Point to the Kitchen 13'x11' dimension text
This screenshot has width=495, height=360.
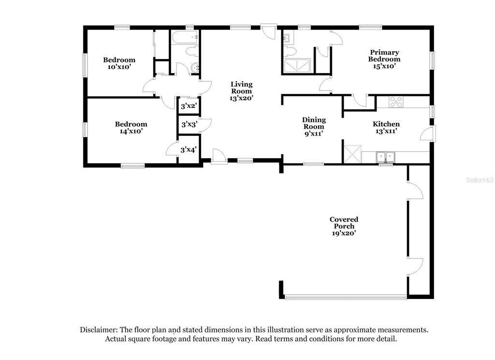[x=386, y=131]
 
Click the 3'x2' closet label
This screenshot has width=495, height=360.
[x=189, y=106]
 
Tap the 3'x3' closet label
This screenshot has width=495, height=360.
[x=189, y=124]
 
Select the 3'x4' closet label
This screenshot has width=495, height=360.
[x=189, y=150]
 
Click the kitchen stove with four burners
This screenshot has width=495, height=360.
[x=396, y=102]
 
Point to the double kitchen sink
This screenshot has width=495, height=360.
[x=385, y=157]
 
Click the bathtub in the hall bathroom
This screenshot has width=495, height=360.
[x=185, y=37]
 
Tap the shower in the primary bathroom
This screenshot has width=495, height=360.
[x=297, y=66]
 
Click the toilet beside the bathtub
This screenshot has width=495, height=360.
[x=192, y=51]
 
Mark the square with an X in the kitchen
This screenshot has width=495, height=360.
[x=352, y=154]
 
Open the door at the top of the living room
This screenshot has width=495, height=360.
[x=269, y=32]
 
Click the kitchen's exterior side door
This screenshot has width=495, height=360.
[x=428, y=133]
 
